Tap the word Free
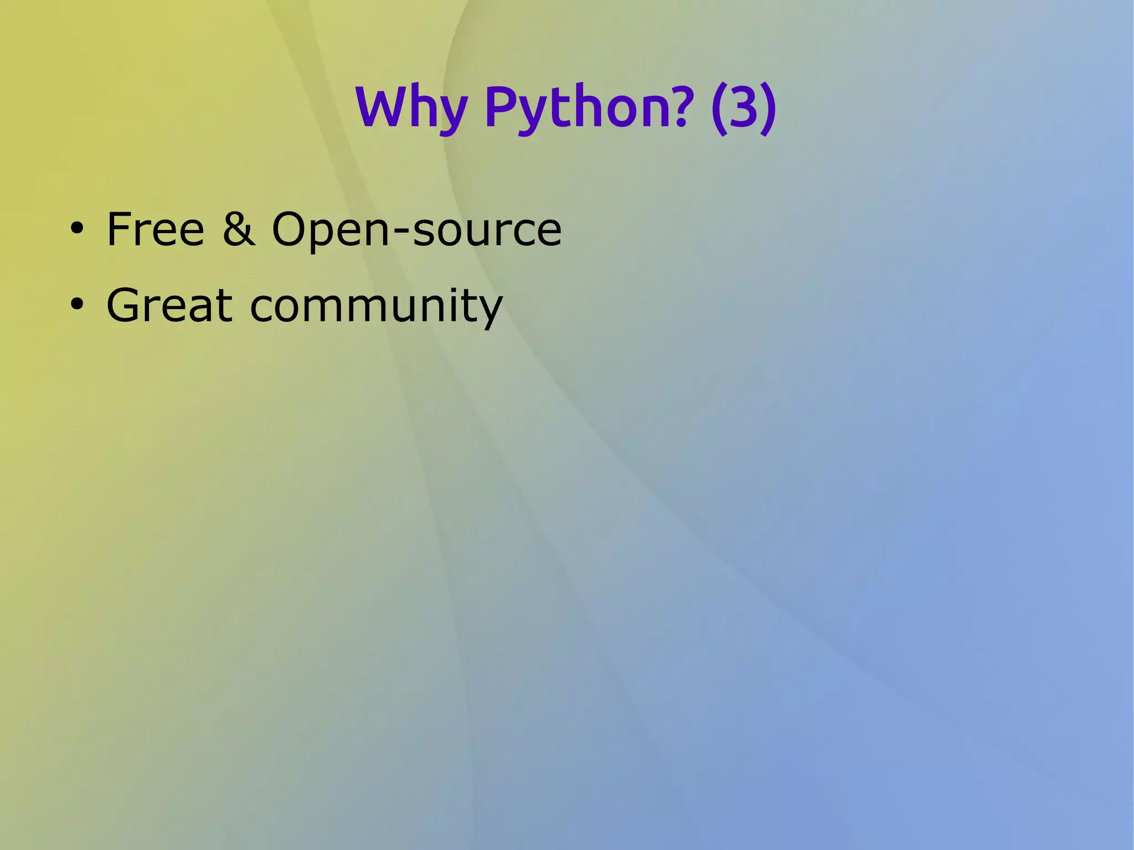[155, 229]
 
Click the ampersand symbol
[239, 229]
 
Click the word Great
[169, 305]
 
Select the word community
[377, 307]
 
